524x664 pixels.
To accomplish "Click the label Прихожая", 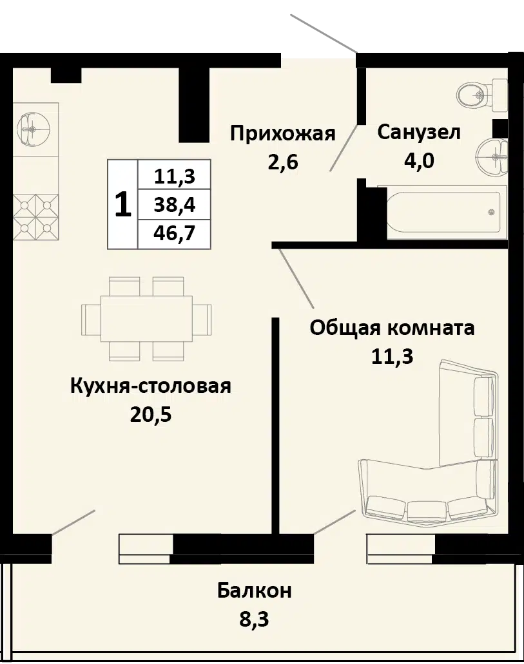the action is coord(283,133).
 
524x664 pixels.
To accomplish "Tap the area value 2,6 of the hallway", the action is coord(283,162).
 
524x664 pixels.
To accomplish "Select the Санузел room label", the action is coord(418,133).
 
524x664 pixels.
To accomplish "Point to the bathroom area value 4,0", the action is coord(419,161).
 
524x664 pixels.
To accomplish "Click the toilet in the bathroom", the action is coord(483,95).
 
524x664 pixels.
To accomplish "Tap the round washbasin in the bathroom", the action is coord(492,157).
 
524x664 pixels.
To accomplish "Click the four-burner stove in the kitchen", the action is coord(35,217).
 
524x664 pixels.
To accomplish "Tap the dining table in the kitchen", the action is coord(146,318).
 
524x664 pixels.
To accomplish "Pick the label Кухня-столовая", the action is coord(151,386).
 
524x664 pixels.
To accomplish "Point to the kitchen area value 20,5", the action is coord(151,415).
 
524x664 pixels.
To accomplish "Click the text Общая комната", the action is coord(392,328).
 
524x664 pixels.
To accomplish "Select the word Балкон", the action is coord(255,591).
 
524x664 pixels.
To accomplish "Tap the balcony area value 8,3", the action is coord(255,620).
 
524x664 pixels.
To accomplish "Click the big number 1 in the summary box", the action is coord(123,204).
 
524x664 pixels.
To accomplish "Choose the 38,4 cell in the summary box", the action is coord(174,205).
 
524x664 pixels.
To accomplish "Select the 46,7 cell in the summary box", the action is coord(174,233).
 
